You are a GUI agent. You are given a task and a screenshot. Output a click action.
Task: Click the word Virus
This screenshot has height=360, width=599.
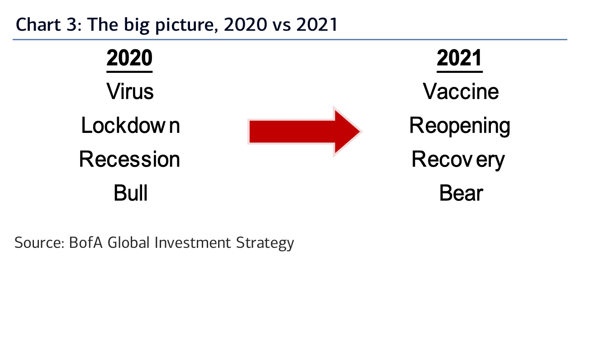click(130, 91)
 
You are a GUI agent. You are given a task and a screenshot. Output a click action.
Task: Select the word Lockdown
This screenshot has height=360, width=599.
click(130, 125)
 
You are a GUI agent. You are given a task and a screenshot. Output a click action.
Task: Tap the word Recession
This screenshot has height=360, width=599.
click(130, 159)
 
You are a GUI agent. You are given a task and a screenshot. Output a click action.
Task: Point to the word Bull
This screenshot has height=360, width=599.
click(130, 193)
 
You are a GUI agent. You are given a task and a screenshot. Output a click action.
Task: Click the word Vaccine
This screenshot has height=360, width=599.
click(461, 91)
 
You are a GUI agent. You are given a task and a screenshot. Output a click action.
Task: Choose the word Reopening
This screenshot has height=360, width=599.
click(460, 126)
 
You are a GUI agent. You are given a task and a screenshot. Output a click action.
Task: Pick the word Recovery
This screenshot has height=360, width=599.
click(458, 160)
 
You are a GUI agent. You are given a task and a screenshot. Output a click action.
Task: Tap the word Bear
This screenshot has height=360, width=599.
click(461, 193)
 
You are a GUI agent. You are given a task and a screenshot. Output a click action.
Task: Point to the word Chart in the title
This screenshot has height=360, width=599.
click(38, 24)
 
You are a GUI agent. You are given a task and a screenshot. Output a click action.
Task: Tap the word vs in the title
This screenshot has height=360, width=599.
click(281, 26)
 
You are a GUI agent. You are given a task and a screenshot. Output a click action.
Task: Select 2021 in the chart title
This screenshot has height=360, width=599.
click(317, 24)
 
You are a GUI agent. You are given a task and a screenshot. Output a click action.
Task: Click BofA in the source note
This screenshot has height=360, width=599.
click(86, 243)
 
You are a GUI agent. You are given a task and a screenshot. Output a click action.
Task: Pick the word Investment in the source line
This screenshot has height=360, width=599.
click(193, 243)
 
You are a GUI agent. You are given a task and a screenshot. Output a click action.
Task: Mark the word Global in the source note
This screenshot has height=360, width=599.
click(128, 243)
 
